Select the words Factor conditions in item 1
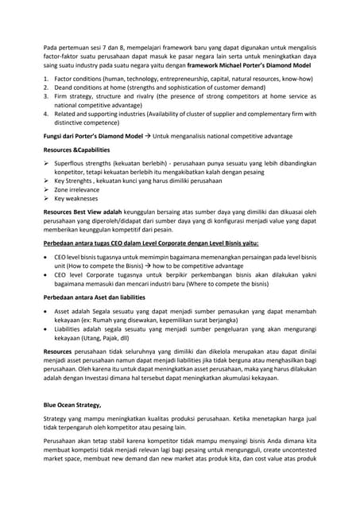click(76, 80)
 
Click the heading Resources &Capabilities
click(77, 150)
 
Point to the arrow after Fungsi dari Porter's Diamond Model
click(146, 135)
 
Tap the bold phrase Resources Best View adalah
click(83, 213)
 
